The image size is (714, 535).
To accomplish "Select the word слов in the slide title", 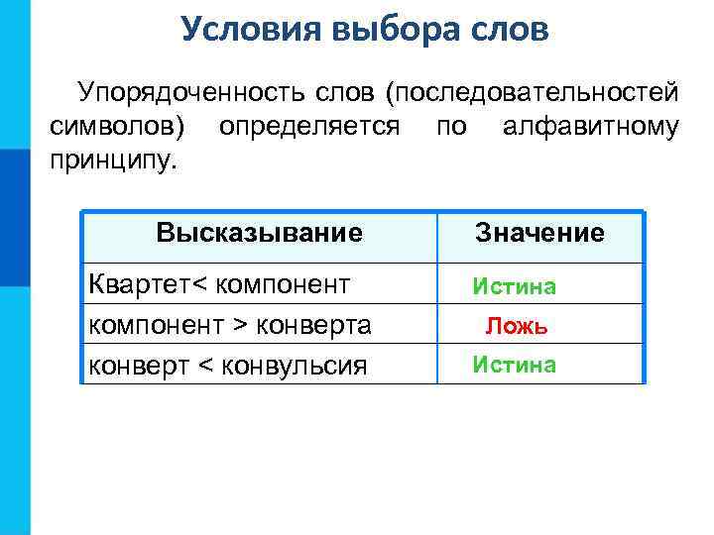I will point(507,29).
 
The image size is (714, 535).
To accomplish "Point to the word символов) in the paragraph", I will point(120,127).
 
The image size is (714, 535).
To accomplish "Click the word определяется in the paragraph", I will point(309,127).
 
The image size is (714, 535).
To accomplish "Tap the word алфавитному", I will point(590,127).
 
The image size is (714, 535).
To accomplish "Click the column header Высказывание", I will point(259,234).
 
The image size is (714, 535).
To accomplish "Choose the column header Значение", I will point(539,234).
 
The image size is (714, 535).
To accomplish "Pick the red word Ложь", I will point(516,326).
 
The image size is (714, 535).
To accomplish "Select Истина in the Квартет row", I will point(515,287).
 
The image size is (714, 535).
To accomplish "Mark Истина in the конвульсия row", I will point(515,366).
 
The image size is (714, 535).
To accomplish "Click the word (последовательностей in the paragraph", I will point(534,95).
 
